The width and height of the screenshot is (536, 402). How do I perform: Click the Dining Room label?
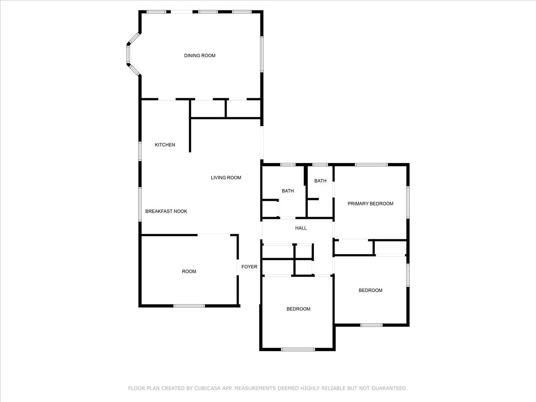pos(200,55)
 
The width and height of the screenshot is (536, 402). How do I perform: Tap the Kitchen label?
pos(165,145)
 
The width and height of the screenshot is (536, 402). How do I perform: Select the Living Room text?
pos(226,178)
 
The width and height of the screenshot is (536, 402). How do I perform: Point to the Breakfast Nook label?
pos(166,211)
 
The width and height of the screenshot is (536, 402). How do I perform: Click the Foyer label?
pos(249,267)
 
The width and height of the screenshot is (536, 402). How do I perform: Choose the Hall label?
pos(301,228)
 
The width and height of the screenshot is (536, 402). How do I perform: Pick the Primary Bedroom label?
pos(370,204)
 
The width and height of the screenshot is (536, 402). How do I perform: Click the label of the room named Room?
pos(189,272)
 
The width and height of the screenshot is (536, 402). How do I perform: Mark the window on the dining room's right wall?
pos(262,54)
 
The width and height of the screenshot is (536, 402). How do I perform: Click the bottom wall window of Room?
pos(189,306)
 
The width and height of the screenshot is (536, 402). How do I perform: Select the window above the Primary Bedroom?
pos(371,165)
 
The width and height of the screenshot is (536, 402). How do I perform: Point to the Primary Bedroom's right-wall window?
pos(408,202)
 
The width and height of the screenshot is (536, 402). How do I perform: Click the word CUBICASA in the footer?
pos(207,389)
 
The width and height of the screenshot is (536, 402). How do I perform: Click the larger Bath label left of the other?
pos(288,191)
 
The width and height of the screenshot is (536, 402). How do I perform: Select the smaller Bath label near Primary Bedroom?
pos(320,181)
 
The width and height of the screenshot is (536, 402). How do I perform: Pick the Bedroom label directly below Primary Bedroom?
pos(370,290)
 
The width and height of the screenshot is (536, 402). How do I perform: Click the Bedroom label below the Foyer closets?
pos(298,309)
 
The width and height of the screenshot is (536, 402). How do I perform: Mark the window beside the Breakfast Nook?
pos(140,204)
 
